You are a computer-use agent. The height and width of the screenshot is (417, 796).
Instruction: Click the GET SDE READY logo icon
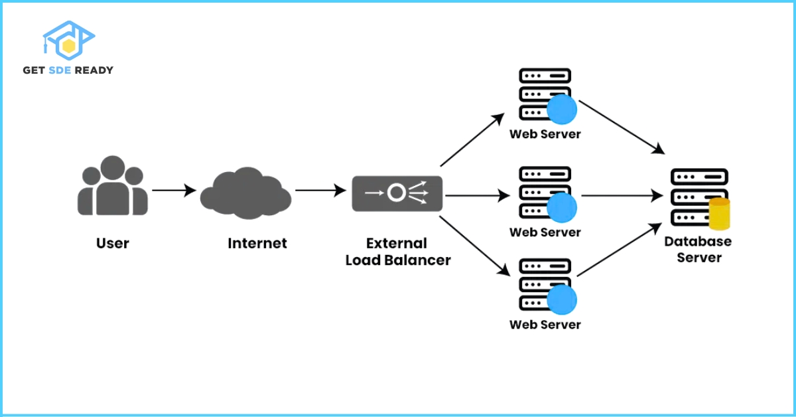click(68, 41)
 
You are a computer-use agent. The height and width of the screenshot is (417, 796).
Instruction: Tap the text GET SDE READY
click(68, 70)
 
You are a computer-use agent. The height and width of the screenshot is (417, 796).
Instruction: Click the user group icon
click(112, 187)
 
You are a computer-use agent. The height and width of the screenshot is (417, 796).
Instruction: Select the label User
click(112, 243)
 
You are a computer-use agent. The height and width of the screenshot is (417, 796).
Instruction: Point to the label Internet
click(257, 243)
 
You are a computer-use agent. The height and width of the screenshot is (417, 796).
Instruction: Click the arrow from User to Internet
click(174, 191)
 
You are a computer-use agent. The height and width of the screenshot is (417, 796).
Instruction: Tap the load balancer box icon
click(397, 193)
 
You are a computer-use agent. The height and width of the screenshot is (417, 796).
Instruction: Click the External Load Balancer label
click(397, 252)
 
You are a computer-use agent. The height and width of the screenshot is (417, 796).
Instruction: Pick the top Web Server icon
click(545, 95)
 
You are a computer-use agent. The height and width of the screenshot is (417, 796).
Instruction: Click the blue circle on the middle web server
click(563, 208)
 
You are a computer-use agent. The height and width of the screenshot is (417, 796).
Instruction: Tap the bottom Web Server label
click(545, 325)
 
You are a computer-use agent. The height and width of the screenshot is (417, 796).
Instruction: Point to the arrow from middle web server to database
click(622, 196)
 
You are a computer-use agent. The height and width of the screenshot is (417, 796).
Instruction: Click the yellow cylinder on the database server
click(719, 214)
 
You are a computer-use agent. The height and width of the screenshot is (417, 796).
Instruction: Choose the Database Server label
click(698, 250)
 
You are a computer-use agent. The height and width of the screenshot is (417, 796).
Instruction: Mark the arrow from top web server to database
click(621, 126)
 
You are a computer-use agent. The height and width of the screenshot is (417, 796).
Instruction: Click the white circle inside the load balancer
click(396, 193)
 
